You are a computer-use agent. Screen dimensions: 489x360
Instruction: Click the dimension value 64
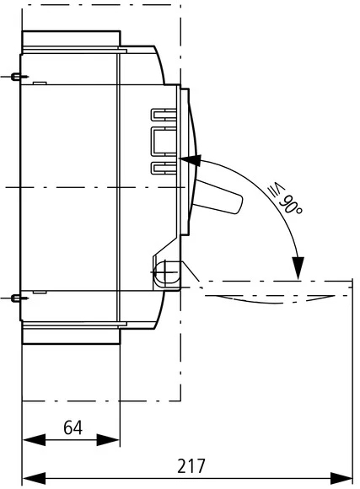pos(73,427)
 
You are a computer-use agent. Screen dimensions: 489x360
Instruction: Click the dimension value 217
pos(191,465)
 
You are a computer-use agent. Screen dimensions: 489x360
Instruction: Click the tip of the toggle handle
pos(236,202)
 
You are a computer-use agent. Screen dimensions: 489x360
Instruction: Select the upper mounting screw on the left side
pos(17,78)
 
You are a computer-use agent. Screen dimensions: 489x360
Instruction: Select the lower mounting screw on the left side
pos(17,298)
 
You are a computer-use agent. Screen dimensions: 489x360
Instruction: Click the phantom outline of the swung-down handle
pos(270,297)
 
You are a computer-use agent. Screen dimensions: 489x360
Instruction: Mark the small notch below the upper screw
pos(39,83)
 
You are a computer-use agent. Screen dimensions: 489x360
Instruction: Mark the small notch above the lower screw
pos(39,292)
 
